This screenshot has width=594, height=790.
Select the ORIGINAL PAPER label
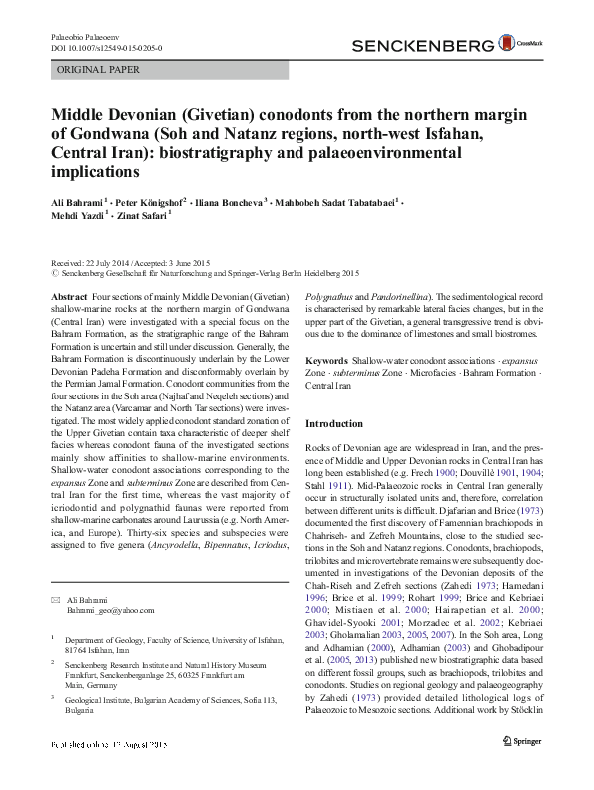pyautogui.click(x=99, y=70)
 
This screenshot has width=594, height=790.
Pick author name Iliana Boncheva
pyautogui.click(x=231, y=203)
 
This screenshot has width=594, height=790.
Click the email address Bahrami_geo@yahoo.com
pyautogui.click(x=110, y=609)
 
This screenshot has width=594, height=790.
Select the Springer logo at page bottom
pyautogui.click(x=521, y=770)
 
